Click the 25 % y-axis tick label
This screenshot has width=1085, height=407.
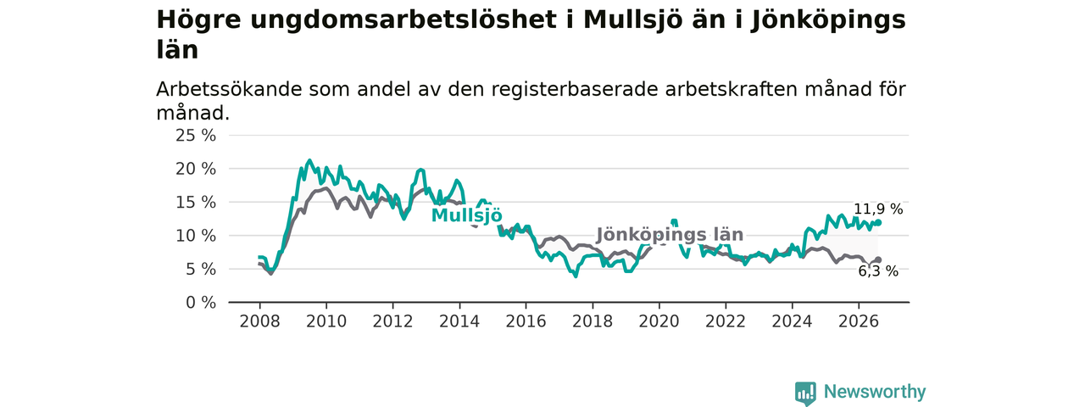(196, 136)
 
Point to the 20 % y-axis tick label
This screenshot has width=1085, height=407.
(196, 169)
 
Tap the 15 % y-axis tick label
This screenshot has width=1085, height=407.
(196, 203)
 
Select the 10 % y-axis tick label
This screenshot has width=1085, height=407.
(196, 236)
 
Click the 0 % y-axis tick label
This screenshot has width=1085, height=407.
(201, 303)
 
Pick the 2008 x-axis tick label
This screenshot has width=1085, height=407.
(259, 321)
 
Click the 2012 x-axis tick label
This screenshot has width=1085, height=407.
(392, 321)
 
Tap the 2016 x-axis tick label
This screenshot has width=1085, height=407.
(526, 321)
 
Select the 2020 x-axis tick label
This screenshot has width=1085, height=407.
(659, 321)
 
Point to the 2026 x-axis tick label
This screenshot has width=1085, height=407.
(859, 321)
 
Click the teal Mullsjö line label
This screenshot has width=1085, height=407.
(466, 215)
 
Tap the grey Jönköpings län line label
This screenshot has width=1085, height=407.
(670, 235)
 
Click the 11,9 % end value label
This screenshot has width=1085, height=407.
(878, 209)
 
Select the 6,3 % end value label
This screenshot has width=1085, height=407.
(878, 271)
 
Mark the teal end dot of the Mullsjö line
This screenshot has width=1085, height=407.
(878, 223)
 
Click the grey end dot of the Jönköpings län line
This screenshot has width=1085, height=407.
(878, 260)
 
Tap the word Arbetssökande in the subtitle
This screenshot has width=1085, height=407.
(229, 89)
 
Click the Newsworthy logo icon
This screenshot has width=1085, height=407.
(805, 392)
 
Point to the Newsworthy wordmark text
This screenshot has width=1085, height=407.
(875, 391)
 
